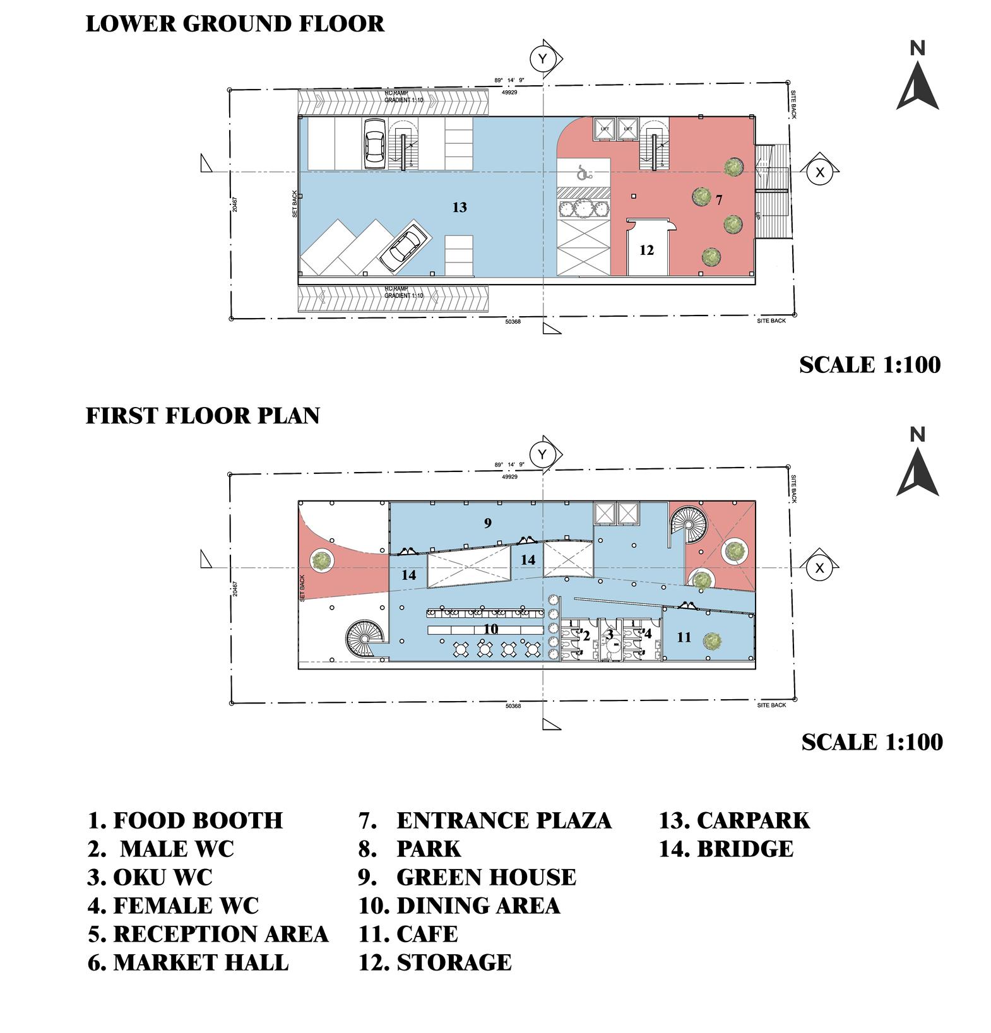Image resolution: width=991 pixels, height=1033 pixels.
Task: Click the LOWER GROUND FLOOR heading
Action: click(234, 24)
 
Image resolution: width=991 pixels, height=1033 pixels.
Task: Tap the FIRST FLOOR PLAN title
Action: click(203, 416)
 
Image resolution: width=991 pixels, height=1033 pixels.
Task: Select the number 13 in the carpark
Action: click(460, 207)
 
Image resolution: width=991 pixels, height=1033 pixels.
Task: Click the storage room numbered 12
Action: click(646, 251)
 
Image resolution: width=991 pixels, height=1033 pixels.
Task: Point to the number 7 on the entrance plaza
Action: click(719, 200)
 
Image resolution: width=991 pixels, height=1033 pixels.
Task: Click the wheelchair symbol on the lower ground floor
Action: click(583, 172)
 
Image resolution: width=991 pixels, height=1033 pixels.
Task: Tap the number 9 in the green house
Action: click(487, 522)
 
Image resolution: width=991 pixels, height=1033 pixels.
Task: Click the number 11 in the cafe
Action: click(684, 637)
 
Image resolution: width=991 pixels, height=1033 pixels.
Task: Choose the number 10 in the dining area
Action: click(490, 629)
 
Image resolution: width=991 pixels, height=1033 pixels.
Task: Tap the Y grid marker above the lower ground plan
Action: click(542, 59)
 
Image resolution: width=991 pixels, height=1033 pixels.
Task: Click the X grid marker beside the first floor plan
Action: click(819, 568)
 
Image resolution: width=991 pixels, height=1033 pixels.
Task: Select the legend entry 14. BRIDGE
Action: click(726, 849)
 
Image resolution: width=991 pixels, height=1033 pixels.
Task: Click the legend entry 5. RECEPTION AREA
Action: click(208, 934)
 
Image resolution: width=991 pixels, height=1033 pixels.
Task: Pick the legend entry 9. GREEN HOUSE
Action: click(467, 878)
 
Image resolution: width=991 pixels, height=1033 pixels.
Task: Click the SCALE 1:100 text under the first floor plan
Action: click(872, 742)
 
